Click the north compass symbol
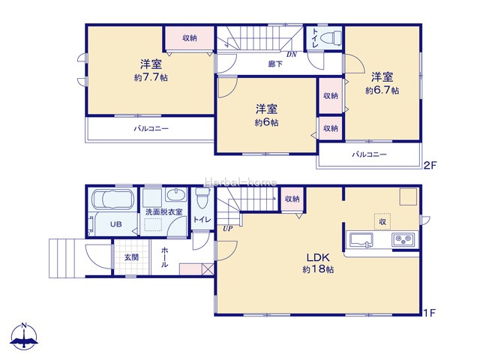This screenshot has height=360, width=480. point(24,336)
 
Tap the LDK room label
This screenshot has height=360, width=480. point(318,257)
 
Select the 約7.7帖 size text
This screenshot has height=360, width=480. point(151,77)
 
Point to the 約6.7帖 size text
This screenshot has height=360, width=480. point(382,90)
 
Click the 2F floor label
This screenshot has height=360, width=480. point(430,166)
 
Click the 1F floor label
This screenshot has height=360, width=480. point(429,313)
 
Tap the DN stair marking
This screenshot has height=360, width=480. point(292,55)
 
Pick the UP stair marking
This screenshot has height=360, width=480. point(227,228)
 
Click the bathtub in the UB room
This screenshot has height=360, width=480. point(112,200)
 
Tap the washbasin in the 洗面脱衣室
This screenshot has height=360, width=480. point(176,195)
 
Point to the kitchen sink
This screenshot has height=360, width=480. point(361,240)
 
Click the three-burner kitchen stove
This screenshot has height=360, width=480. point(403,239)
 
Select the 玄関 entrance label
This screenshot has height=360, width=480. point(131,257)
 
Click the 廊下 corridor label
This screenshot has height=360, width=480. point(275,64)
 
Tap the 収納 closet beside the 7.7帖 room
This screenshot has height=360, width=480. point(190,38)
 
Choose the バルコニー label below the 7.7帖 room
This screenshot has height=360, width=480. point(151,128)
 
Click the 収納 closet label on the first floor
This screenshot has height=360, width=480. point(292,199)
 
